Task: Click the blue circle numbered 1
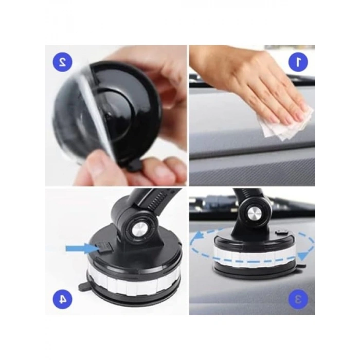point(298,62)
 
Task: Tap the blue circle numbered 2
point(62,62)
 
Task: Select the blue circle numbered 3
point(298,299)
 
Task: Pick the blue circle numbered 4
point(62,299)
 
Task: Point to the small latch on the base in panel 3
point(282,233)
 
